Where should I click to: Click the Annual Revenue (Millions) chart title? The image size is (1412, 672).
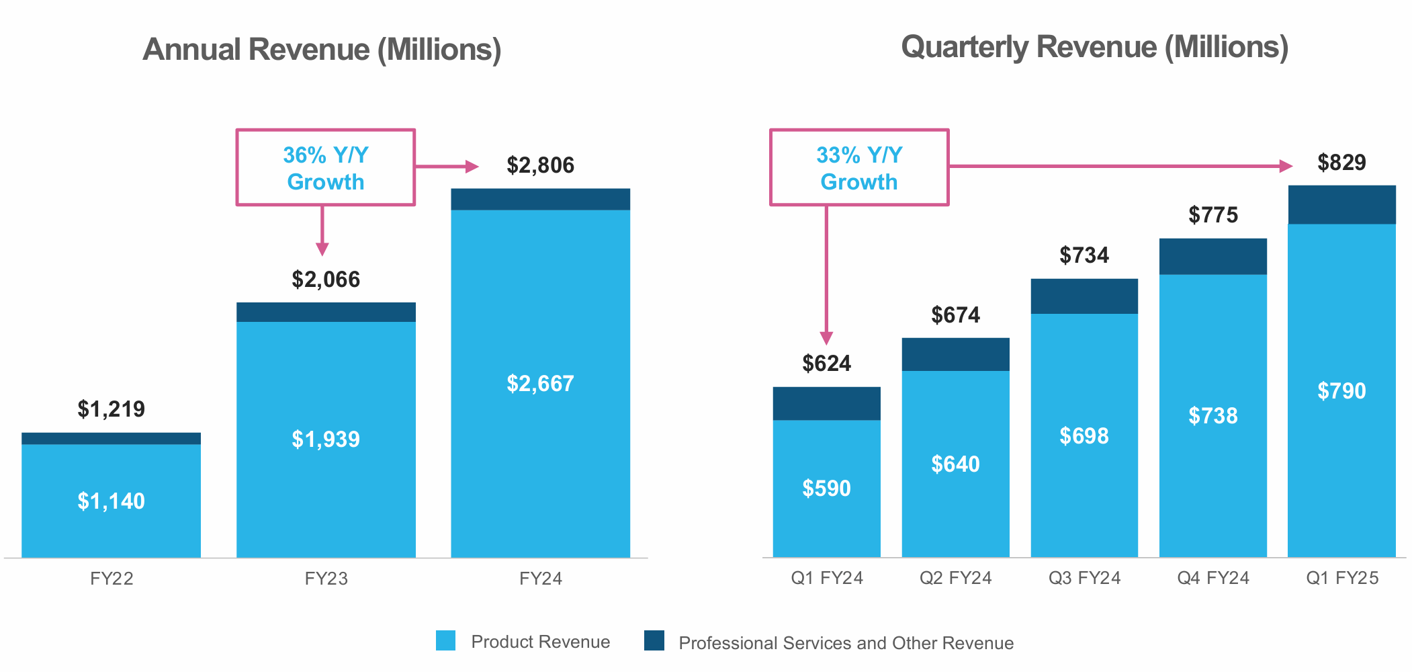(x=322, y=50)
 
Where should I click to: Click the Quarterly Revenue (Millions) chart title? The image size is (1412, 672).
(x=1094, y=47)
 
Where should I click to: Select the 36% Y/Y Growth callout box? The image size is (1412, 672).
(x=326, y=167)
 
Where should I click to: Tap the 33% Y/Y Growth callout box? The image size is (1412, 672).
(x=858, y=167)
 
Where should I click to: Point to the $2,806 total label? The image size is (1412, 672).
(x=540, y=165)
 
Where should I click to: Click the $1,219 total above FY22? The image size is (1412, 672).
(x=111, y=409)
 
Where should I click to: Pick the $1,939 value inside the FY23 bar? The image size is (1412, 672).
(x=326, y=439)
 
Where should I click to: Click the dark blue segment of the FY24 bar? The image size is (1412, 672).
(x=540, y=200)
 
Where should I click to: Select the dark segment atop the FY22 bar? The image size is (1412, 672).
(x=111, y=438)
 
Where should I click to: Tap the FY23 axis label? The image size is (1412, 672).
(x=326, y=579)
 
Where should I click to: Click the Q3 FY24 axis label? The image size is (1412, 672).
(x=1084, y=578)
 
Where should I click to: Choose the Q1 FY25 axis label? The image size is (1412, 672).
(x=1341, y=578)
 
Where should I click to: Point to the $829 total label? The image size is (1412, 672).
(x=1341, y=163)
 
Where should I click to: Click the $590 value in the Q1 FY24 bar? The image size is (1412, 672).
(x=826, y=489)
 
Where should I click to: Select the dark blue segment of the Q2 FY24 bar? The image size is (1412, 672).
(x=955, y=354)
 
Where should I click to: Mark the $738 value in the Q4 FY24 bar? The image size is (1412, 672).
(x=1212, y=416)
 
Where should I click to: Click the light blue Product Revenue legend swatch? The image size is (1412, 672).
(x=445, y=640)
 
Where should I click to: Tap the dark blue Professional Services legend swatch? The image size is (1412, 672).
(x=654, y=640)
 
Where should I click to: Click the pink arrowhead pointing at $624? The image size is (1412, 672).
(x=826, y=338)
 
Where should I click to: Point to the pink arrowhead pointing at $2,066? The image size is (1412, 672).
(x=322, y=249)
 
